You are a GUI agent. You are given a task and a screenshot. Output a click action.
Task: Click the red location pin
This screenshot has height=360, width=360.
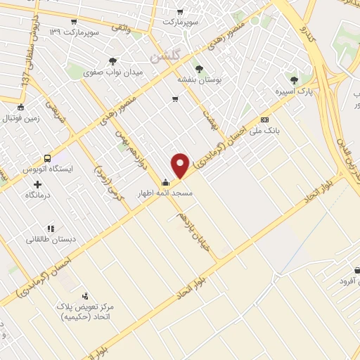[181, 166]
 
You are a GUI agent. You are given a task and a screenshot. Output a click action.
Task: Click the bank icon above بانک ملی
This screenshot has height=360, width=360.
[264, 120]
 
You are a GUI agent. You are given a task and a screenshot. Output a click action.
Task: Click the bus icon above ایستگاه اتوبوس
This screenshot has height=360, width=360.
[47, 159]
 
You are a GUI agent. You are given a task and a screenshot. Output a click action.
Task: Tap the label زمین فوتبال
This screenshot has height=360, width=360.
[24, 119]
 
